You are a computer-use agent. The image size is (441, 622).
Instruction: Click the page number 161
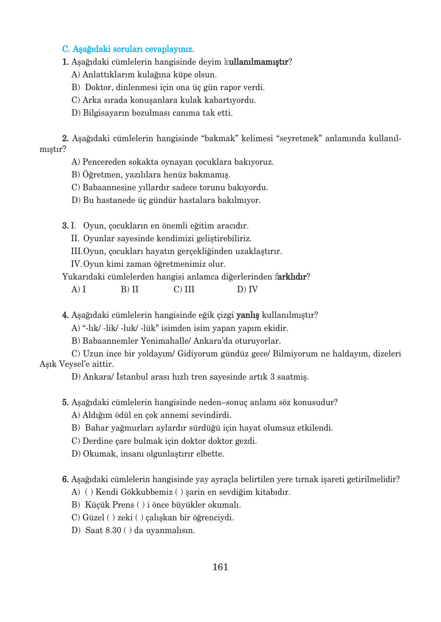click(220, 567)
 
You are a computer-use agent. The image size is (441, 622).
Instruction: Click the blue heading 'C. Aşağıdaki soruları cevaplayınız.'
click(128, 49)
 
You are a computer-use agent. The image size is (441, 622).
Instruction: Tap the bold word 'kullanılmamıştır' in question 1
click(256, 62)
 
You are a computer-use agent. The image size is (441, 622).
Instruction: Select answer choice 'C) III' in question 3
click(184, 289)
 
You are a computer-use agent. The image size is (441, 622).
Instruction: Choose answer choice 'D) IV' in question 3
click(247, 289)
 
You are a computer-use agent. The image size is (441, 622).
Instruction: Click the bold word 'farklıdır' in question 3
click(290, 277)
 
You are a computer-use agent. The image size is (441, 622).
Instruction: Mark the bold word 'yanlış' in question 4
click(248, 315)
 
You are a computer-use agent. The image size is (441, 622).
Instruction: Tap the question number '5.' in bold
click(65, 402)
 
